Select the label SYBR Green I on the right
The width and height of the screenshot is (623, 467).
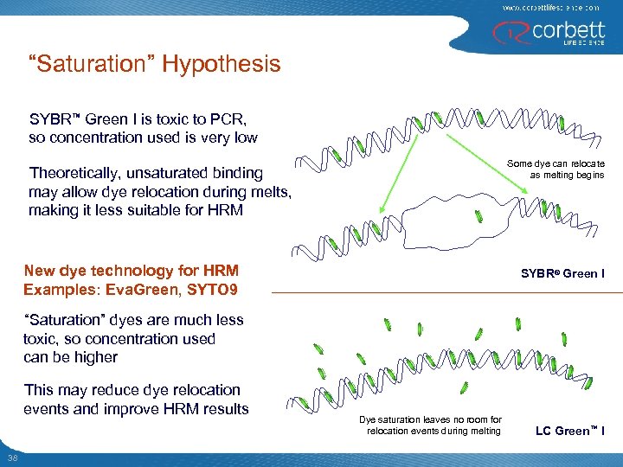562,274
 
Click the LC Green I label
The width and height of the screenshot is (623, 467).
570,431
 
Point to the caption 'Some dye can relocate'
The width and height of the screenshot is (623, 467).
556,163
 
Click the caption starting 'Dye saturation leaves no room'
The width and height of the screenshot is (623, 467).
430,419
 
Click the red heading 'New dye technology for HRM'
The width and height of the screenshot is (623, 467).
131,271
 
